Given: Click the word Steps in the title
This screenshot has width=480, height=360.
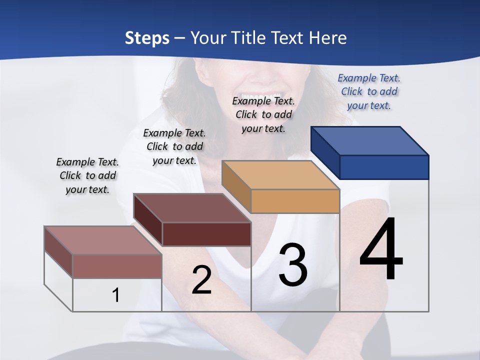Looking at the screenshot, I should tap(147, 38).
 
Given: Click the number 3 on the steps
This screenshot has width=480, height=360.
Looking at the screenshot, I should tap(293, 264).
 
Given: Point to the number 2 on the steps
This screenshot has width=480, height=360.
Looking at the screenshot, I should tap(202, 280).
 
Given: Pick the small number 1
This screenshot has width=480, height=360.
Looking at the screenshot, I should tap(116, 295).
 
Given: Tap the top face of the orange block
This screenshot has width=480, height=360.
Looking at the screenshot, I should tap(280, 175).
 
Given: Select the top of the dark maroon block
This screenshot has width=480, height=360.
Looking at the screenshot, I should tap(192, 208).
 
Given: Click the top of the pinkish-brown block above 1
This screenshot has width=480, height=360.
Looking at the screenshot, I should tap(103, 240).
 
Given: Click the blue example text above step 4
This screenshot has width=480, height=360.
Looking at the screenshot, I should tap(369, 91).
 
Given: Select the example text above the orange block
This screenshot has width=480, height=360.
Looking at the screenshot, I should tap(263, 114).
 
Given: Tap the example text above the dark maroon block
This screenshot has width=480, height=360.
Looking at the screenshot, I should tap(174, 146).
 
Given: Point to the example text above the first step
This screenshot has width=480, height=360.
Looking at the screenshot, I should tap(87, 175).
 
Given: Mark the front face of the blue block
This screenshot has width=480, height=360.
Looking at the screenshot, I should tap(384, 167).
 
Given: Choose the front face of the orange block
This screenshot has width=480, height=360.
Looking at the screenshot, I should tap(295, 201).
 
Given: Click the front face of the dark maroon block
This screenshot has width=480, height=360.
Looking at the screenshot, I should tap(206, 234).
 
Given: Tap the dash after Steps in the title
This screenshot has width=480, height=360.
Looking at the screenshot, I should tap(179, 38).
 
